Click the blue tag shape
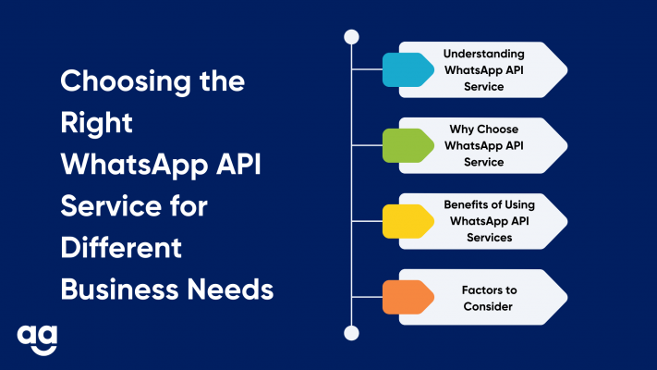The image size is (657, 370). (408, 69)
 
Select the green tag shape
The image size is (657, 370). (408, 145)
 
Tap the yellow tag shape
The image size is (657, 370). (408, 221)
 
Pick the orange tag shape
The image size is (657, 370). (408, 297)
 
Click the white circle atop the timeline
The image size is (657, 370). (351, 37)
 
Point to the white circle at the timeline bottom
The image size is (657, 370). (351, 333)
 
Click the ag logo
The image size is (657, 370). (37, 339)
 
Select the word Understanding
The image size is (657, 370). (483, 55)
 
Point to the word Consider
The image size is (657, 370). (488, 307)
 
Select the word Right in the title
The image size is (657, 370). (96, 124)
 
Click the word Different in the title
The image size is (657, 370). (121, 248)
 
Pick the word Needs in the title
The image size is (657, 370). (230, 290)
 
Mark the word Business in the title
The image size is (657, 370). (120, 290)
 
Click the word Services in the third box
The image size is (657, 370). (490, 238)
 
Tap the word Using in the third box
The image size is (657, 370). (519, 205)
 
